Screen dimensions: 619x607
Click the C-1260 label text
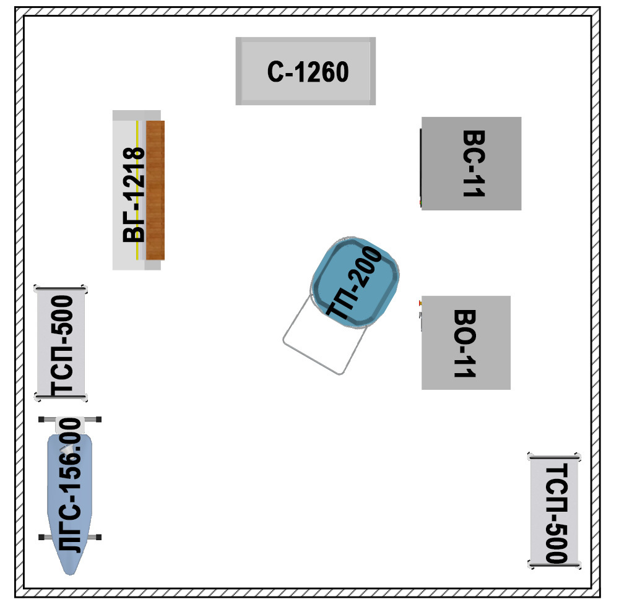308,72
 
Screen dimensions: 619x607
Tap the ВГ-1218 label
134,194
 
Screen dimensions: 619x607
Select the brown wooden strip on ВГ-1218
155,190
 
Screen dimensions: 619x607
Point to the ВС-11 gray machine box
471,163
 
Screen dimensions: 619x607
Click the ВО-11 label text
465,343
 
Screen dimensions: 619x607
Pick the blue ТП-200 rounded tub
355,282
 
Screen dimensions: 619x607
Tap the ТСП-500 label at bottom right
556,514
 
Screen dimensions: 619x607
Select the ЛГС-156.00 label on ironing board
71,486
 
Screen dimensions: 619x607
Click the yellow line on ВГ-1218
137,190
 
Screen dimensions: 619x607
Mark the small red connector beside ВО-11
420,303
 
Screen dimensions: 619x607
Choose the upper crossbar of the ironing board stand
70,419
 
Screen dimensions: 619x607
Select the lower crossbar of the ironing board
70,537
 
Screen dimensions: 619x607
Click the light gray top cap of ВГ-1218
137,115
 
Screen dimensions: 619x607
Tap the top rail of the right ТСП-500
554,457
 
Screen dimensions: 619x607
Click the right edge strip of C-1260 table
373,71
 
